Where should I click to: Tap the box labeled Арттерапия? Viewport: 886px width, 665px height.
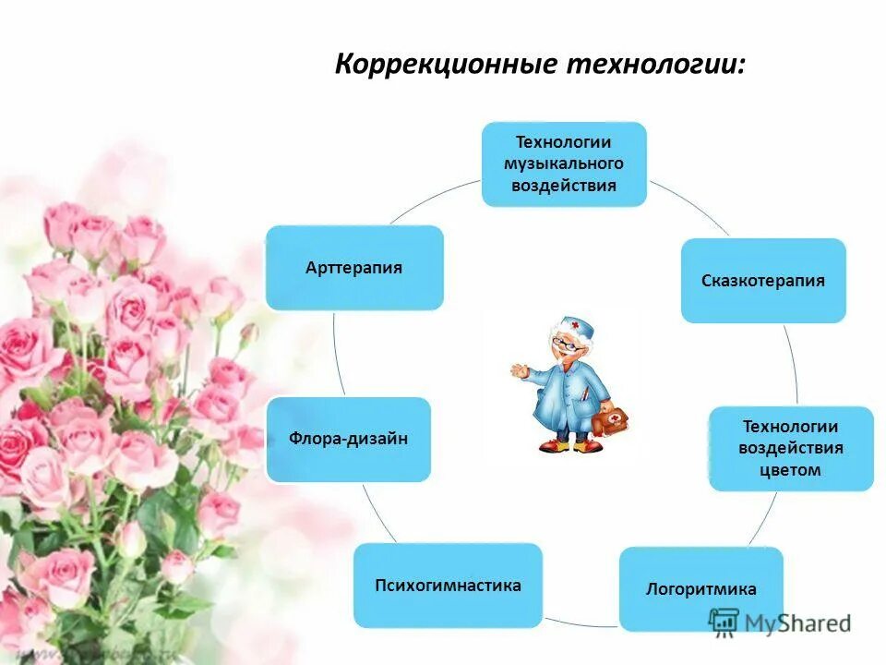point(354,268)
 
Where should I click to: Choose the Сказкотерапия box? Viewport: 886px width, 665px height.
point(763,281)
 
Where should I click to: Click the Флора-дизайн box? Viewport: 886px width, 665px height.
point(348,439)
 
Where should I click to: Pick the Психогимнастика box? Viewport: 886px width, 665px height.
point(448,585)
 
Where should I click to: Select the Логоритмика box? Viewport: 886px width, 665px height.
point(701,589)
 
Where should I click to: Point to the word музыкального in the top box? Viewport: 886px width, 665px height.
point(564,163)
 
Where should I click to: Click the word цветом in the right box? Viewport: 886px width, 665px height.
point(791,470)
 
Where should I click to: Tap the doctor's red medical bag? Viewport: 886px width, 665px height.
point(609,422)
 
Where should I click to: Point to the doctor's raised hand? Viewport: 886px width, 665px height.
point(519,371)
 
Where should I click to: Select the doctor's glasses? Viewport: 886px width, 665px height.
point(566,344)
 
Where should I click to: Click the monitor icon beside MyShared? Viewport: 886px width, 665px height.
point(724,623)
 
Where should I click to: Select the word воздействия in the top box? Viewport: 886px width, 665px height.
point(564,186)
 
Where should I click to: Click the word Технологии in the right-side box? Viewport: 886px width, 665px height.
point(791,427)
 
